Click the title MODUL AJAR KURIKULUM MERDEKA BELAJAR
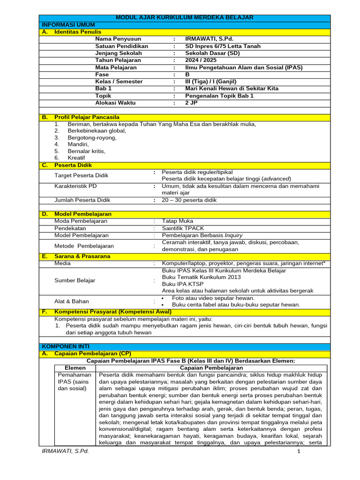coord(185,18)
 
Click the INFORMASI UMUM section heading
coord(68,24)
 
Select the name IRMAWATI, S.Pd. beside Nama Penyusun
coord(209,39)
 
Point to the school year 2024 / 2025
coord(201,60)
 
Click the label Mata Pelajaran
coord(116,67)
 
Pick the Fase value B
coord(187,75)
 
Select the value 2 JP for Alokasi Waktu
coord(192,103)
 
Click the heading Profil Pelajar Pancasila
coord(87,117)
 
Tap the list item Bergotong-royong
coord(92,138)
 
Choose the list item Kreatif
coord(76,158)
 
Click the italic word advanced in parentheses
coord(276,179)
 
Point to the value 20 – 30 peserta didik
coord(189,200)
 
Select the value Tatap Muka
coord(177,221)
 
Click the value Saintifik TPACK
coord(183,228)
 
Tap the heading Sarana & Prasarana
coord(82,256)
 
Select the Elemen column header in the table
coord(75,368)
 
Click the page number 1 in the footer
coord(298,451)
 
